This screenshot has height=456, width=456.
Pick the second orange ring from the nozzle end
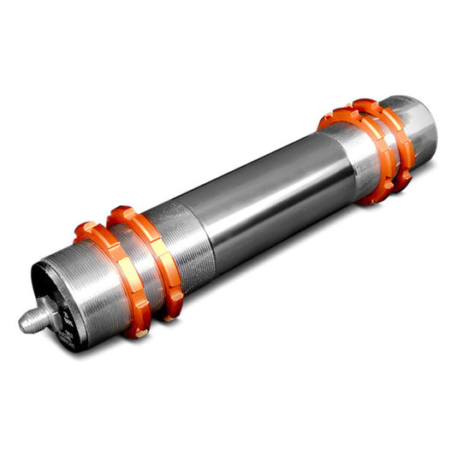point(154,257)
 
